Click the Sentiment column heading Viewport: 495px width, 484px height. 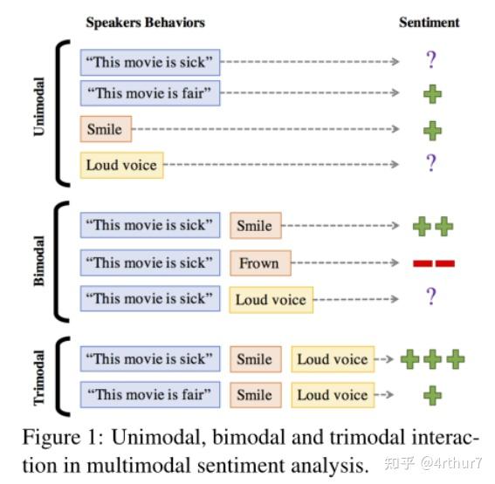429,23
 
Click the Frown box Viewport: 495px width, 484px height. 259,262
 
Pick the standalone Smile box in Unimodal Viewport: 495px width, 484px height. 105,130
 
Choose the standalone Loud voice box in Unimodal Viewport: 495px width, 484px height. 121,165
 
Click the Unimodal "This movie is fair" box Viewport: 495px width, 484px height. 150,93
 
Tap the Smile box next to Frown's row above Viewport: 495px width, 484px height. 254,226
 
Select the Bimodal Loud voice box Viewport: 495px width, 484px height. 271,299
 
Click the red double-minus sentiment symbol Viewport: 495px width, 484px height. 433,262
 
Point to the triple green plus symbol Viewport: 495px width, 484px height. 432,359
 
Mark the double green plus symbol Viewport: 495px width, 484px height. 432,226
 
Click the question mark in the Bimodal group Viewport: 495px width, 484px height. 430,297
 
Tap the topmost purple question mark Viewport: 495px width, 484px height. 430,60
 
